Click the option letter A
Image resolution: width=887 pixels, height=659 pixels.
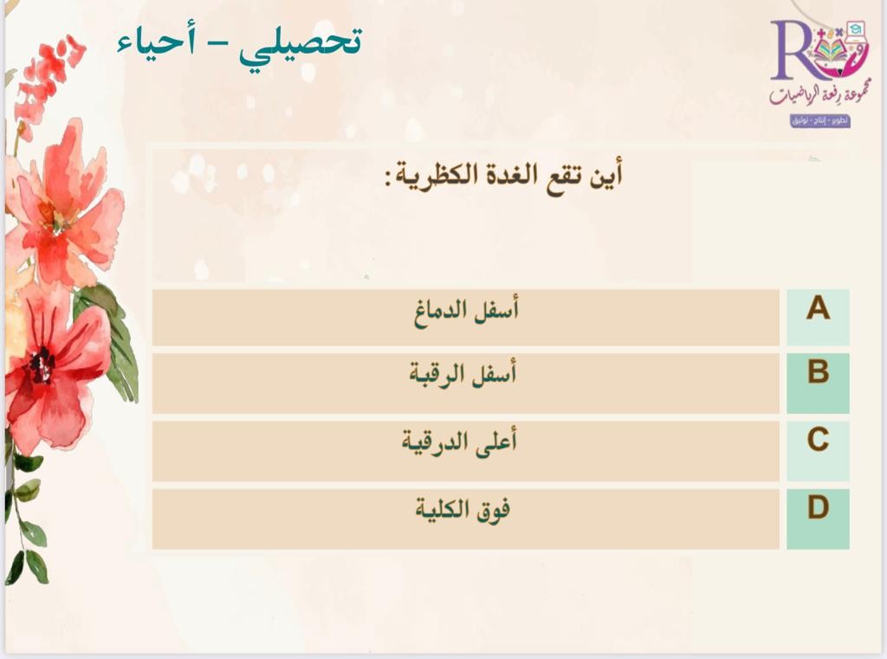818,308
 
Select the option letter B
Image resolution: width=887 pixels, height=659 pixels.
818,371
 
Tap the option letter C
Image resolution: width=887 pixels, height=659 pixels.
818,440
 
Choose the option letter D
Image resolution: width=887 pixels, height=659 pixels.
818,507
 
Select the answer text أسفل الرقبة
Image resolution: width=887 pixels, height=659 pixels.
463,373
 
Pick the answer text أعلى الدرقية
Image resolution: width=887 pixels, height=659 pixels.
459,442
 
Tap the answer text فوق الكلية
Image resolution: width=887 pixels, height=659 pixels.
463,510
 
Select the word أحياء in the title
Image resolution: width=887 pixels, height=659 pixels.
156,43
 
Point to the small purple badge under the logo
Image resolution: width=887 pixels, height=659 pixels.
820,120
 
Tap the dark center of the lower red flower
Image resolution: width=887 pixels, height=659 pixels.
40,365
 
